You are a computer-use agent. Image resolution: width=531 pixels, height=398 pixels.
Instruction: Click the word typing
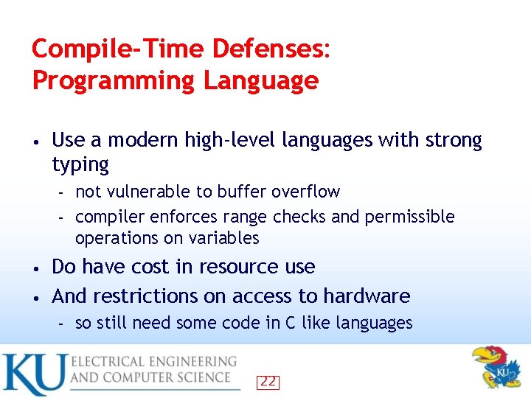tap(80, 164)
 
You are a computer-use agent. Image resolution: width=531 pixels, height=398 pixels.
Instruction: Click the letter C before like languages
tap(304, 323)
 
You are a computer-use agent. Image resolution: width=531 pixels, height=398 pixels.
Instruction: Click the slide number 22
tap(268, 382)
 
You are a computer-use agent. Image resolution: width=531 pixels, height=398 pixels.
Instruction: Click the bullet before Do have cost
tap(35, 267)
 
